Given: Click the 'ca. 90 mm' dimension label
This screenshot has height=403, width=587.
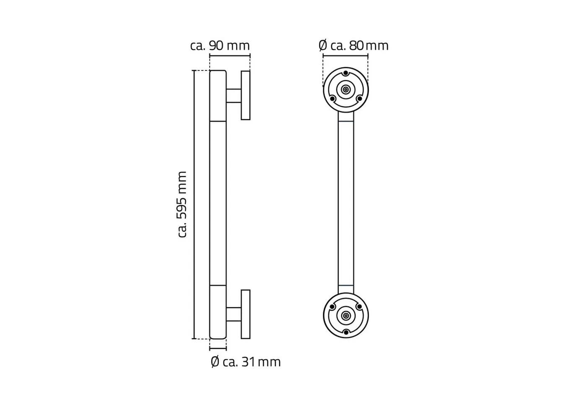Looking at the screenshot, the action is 220,46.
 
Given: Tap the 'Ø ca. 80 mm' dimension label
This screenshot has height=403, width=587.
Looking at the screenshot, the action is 353,46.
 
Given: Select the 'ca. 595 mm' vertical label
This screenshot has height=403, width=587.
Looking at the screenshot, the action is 182,204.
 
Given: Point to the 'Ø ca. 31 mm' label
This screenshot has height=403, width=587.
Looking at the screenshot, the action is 246,362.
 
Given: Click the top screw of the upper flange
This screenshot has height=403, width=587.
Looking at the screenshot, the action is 346,73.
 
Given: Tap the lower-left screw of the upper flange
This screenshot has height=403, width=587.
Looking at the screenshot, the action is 332,99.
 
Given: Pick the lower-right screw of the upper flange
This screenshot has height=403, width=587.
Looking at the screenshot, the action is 360,99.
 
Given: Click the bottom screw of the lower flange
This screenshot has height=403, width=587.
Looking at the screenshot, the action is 346,332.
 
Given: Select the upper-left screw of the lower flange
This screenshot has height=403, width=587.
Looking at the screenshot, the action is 332,307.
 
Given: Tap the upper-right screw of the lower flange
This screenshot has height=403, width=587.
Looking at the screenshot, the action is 359,306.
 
